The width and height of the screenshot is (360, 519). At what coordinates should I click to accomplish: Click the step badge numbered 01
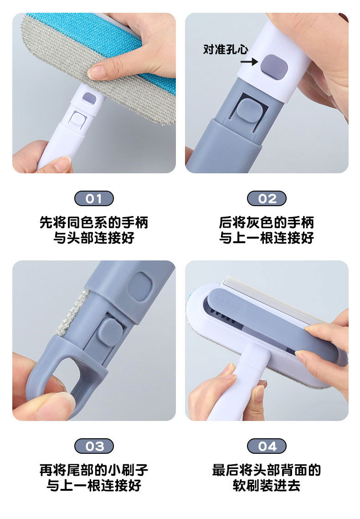pos(94,198)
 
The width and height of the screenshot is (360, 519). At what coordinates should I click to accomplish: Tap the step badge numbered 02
pos(267,198)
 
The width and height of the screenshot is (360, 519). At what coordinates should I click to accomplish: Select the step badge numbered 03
pos(94,446)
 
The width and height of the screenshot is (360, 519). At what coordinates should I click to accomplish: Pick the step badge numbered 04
pos(267,446)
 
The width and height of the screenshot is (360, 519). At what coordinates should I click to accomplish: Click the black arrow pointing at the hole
pos(249,61)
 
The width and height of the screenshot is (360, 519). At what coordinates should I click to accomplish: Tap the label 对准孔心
pos(226,49)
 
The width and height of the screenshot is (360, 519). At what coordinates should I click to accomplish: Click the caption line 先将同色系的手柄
pos(94,223)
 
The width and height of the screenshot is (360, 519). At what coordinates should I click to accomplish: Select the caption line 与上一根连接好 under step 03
pos(94,485)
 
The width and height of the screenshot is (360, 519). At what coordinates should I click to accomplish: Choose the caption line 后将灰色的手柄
pos(267,223)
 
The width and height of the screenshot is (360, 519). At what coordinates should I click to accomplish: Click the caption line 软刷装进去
pos(267,485)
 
